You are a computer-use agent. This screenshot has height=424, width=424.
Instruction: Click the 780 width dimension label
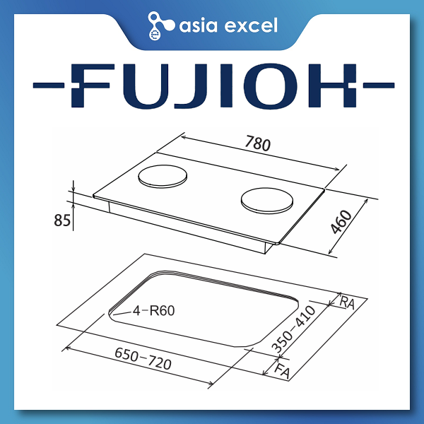coord(257,143)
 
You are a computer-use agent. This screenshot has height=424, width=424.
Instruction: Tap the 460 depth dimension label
coord(341,222)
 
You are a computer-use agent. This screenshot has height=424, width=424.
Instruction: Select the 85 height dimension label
coord(62,220)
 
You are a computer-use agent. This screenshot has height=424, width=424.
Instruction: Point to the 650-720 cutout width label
coord(143,359)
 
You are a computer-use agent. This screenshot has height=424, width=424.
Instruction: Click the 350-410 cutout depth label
coord(294,329)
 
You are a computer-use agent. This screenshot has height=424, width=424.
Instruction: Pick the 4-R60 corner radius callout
coord(153,311)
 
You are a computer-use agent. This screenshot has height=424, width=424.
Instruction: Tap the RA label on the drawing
coord(347,302)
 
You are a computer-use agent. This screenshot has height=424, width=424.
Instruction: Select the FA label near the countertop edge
coord(282,371)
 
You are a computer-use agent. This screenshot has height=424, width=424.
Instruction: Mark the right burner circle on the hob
coord(267,201)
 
